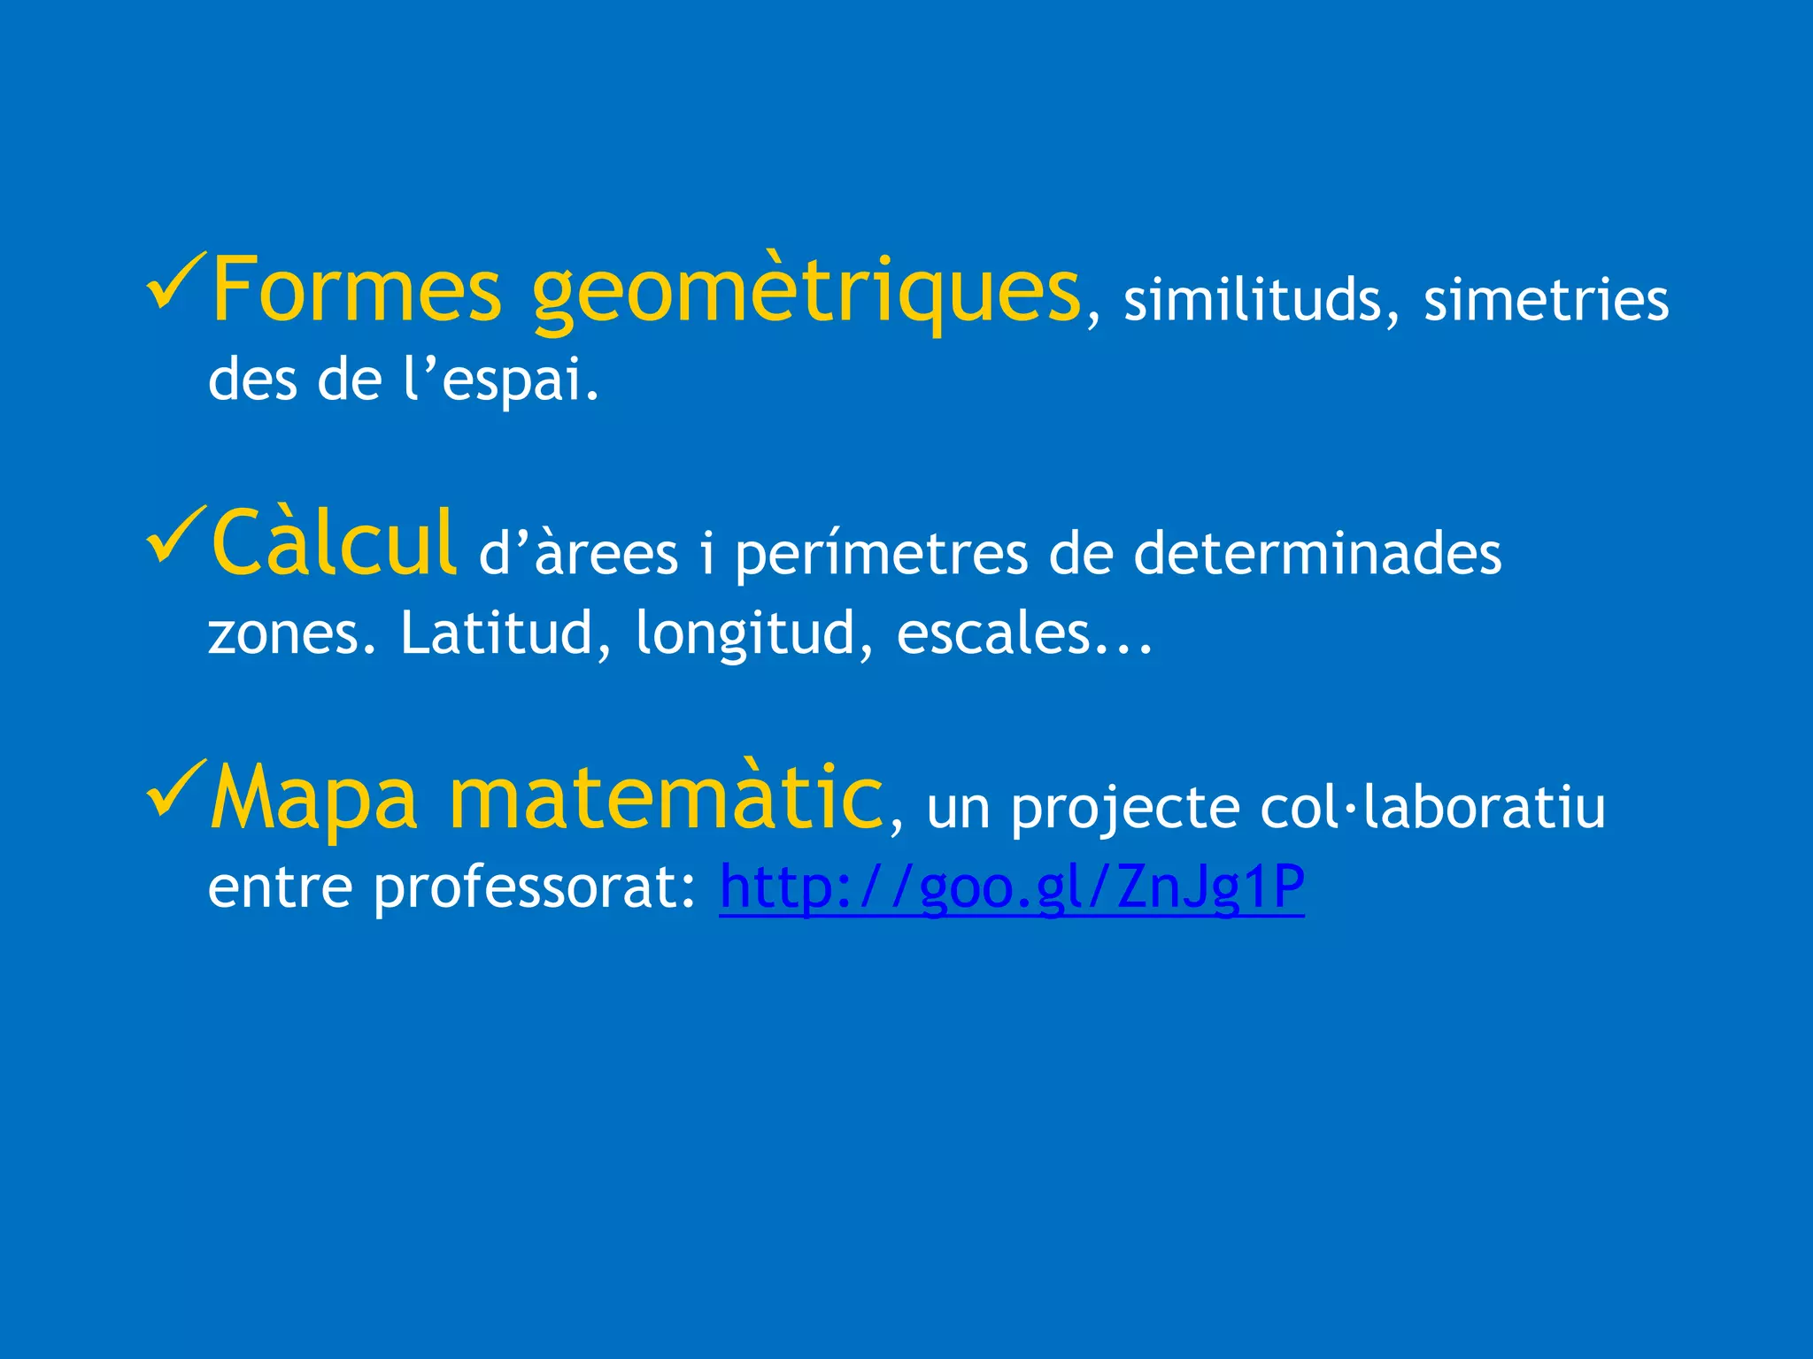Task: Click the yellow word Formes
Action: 356,290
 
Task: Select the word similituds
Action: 1252,301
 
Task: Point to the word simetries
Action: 1546,301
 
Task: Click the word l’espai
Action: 500,380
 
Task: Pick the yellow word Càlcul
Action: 334,544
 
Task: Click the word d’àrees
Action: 578,555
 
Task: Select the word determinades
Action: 1317,555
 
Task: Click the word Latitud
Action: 496,633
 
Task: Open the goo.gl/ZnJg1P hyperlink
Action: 1011,887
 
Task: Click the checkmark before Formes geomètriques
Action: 175,280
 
